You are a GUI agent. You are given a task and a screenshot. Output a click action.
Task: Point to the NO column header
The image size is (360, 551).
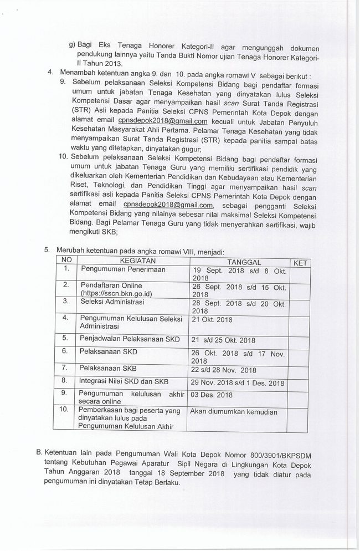(66, 260)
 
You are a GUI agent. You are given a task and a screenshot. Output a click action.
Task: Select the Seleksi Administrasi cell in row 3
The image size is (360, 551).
(112, 302)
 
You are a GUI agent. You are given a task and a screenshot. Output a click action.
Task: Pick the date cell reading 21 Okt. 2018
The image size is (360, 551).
(212, 319)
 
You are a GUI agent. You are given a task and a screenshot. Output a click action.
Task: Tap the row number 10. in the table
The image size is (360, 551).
(66, 410)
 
